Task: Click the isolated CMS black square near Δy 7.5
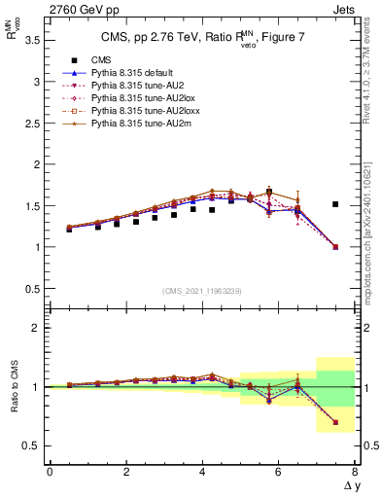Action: (335, 204)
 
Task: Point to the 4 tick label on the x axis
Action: (202, 472)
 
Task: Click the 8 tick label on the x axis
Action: (355, 472)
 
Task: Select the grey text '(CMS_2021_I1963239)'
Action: (200, 291)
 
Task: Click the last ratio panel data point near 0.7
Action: (335, 422)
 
